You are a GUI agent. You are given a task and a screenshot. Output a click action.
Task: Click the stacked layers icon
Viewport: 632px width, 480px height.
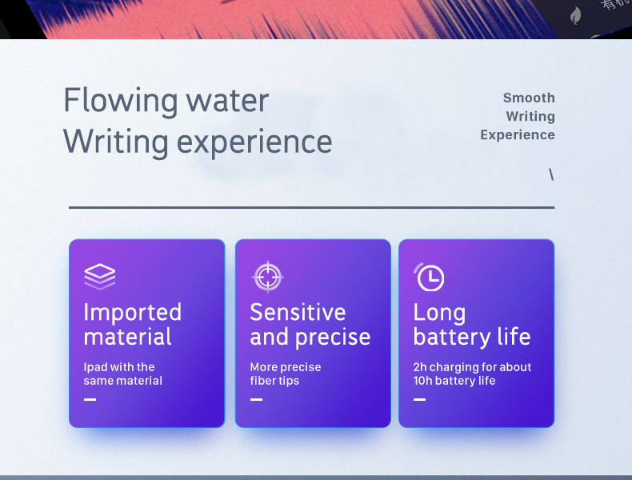(100, 277)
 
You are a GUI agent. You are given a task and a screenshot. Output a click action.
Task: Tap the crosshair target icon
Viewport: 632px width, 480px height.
(267, 277)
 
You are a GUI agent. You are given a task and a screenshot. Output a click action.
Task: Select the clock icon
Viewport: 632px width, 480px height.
(430, 277)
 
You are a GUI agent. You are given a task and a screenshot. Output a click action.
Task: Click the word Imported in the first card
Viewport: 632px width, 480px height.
(132, 312)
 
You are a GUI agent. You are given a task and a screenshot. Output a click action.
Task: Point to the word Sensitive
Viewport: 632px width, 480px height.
(298, 312)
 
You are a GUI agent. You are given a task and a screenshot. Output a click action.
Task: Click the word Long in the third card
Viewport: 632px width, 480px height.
(439, 313)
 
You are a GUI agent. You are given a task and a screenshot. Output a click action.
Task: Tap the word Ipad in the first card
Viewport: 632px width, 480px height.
(95, 367)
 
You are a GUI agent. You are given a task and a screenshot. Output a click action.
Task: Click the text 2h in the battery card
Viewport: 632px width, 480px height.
(421, 367)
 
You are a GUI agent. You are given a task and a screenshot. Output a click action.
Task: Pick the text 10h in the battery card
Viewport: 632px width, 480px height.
(424, 381)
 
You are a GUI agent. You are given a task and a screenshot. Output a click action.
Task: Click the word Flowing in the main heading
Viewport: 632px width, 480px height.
(120, 102)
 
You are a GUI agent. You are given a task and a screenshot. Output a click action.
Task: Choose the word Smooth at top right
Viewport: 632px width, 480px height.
(529, 98)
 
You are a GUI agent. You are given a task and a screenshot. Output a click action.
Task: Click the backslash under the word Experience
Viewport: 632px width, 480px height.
(551, 174)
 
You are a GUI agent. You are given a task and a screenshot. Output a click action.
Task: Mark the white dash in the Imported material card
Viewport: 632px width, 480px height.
(90, 399)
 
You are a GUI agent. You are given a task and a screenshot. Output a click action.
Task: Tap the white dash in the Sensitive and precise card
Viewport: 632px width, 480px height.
(256, 399)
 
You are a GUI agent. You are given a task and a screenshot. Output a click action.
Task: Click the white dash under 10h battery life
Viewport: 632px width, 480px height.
(419, 399)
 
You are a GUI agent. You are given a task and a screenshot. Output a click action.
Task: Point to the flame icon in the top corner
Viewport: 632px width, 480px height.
(575, 14)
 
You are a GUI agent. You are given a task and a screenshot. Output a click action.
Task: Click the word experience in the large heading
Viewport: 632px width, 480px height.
(254, 142)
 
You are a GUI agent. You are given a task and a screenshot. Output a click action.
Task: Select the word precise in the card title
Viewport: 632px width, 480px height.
(331, 337)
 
